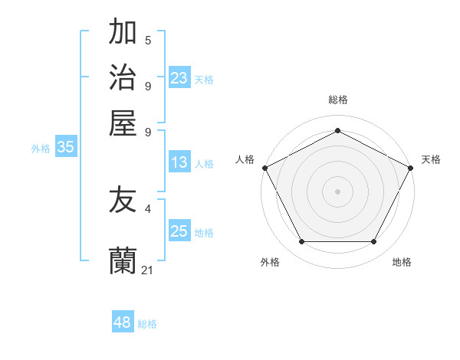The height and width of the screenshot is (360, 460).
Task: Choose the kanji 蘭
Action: [x=123, y=260]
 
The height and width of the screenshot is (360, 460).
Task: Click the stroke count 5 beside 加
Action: [x=148, y=40]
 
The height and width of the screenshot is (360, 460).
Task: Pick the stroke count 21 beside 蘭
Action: [x=148, y=270]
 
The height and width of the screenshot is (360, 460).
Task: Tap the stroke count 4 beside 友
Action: [x=148, y=208]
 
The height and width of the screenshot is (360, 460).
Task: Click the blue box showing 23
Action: [x=179, y=78]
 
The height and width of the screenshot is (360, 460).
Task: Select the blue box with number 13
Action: [x=179, y=162]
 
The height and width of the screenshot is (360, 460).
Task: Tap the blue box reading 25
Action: [x=179, y=231]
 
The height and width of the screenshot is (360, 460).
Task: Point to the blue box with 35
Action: [x=65, y=148]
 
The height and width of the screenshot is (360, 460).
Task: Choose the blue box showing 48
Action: [x=123, y=322]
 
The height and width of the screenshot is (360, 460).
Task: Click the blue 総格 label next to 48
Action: [x=147, y=324]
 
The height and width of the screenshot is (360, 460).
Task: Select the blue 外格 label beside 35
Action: [x=41, y=149]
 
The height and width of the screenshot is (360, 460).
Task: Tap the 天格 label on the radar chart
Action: [x=431, y=159]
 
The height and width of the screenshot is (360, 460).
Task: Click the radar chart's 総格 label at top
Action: [x=337, y=100]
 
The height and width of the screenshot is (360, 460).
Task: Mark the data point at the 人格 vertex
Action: [x=264, y=168]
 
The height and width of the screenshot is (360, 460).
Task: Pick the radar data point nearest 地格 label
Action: [x=374, y=241]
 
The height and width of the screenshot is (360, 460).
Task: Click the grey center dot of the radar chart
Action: [x=337, y=191]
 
